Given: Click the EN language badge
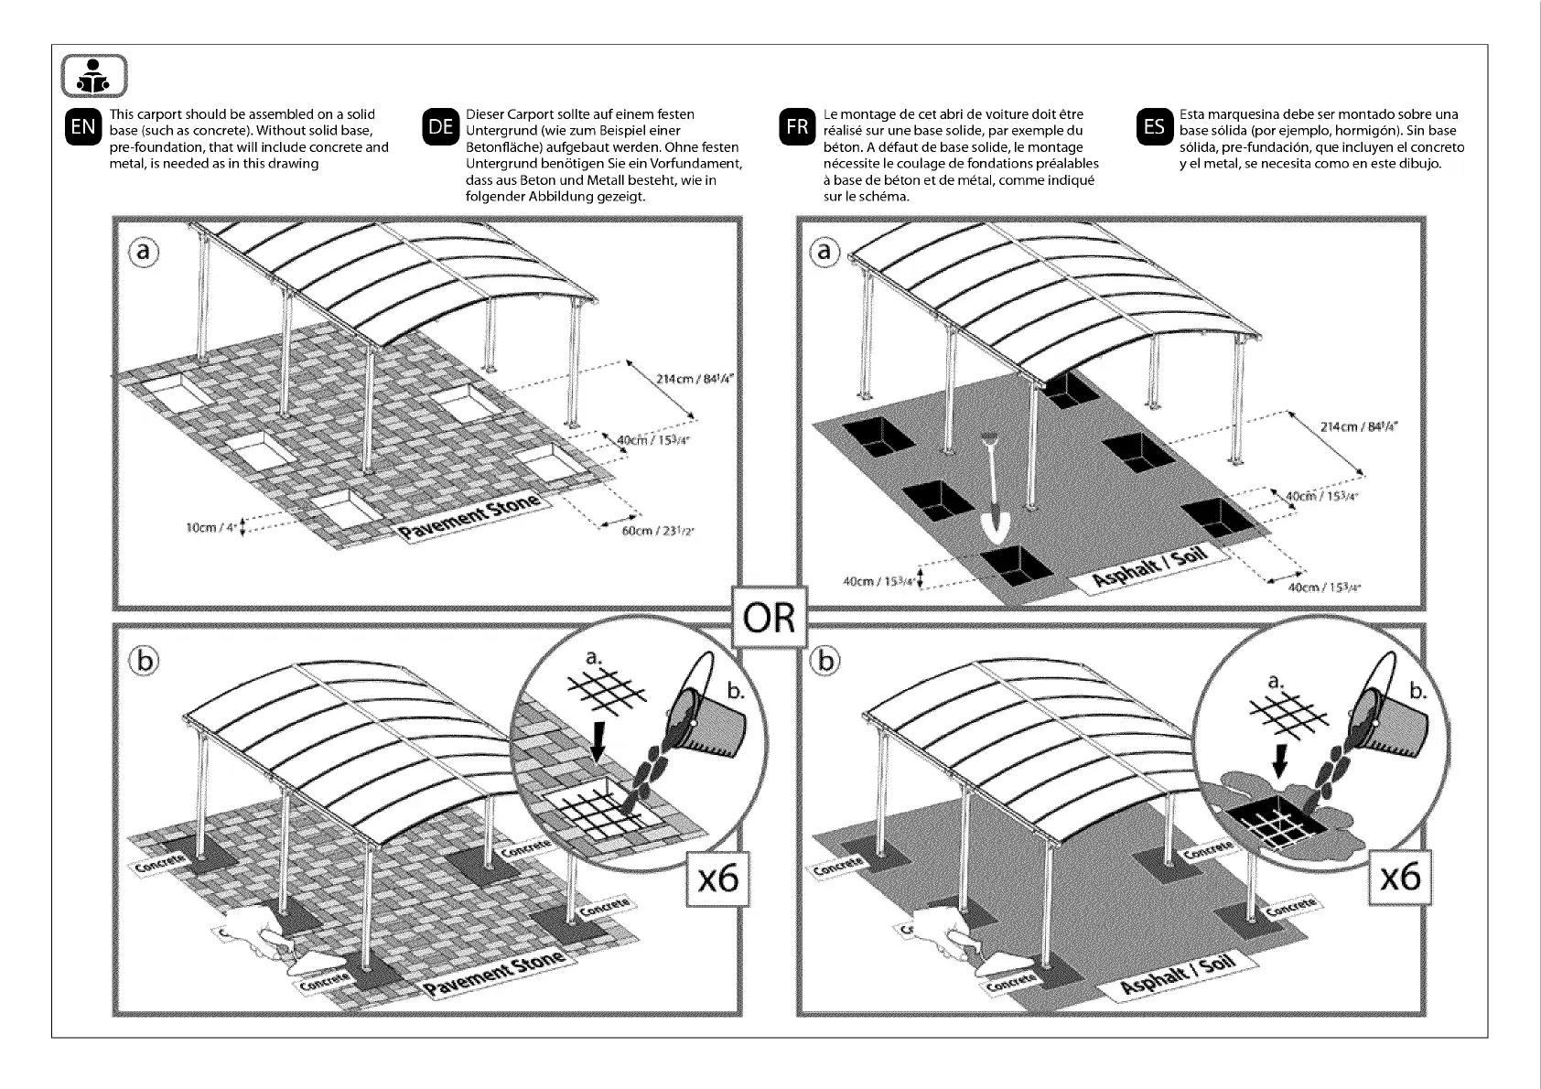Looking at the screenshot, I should (x=83, y=127).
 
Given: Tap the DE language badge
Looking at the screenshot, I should (x=441, y=127).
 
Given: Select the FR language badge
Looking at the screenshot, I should (x=797, y=127).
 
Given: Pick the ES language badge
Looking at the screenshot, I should (x=1154, y=127).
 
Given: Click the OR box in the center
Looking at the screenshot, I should (x=770, y=620).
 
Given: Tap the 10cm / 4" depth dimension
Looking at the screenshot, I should (x=210, y=528).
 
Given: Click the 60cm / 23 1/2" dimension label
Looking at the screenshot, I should (x=652, y=531).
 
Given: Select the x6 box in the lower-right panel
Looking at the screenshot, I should (x=1399, y=879).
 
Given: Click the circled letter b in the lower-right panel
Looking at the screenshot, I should (x=826, y=661).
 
